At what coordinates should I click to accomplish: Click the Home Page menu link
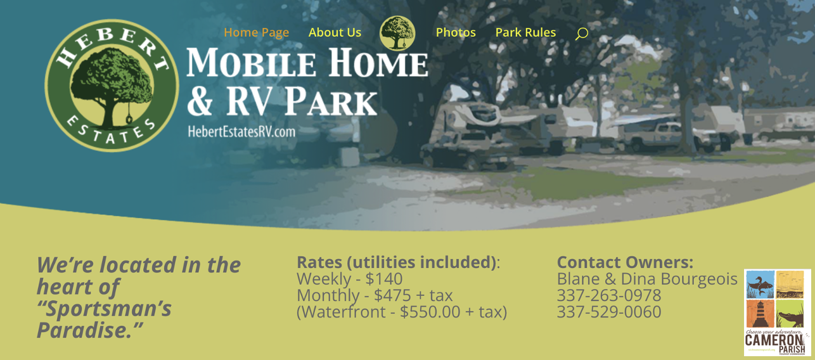(x=256, y=32)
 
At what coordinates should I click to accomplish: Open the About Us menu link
(x=335, y=32)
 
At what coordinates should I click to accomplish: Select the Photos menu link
(x=456, y=32)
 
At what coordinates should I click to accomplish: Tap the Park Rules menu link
(x=525, y=32)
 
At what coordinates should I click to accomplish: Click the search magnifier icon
(x=581, y=34)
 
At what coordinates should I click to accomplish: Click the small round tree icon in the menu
(x=397, y=33)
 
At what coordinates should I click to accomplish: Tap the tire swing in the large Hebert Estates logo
(x=129, y=118)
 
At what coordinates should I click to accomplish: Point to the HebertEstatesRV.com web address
(x=241, y=132)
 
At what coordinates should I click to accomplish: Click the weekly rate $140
(x=384, y=279)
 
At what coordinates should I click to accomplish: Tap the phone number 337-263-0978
(x=608, y=295)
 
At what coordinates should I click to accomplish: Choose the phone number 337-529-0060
(x=608, y=312)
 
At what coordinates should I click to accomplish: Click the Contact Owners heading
(x=625, y=262)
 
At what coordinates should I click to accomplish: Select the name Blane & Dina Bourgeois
(x=646, y=279)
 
